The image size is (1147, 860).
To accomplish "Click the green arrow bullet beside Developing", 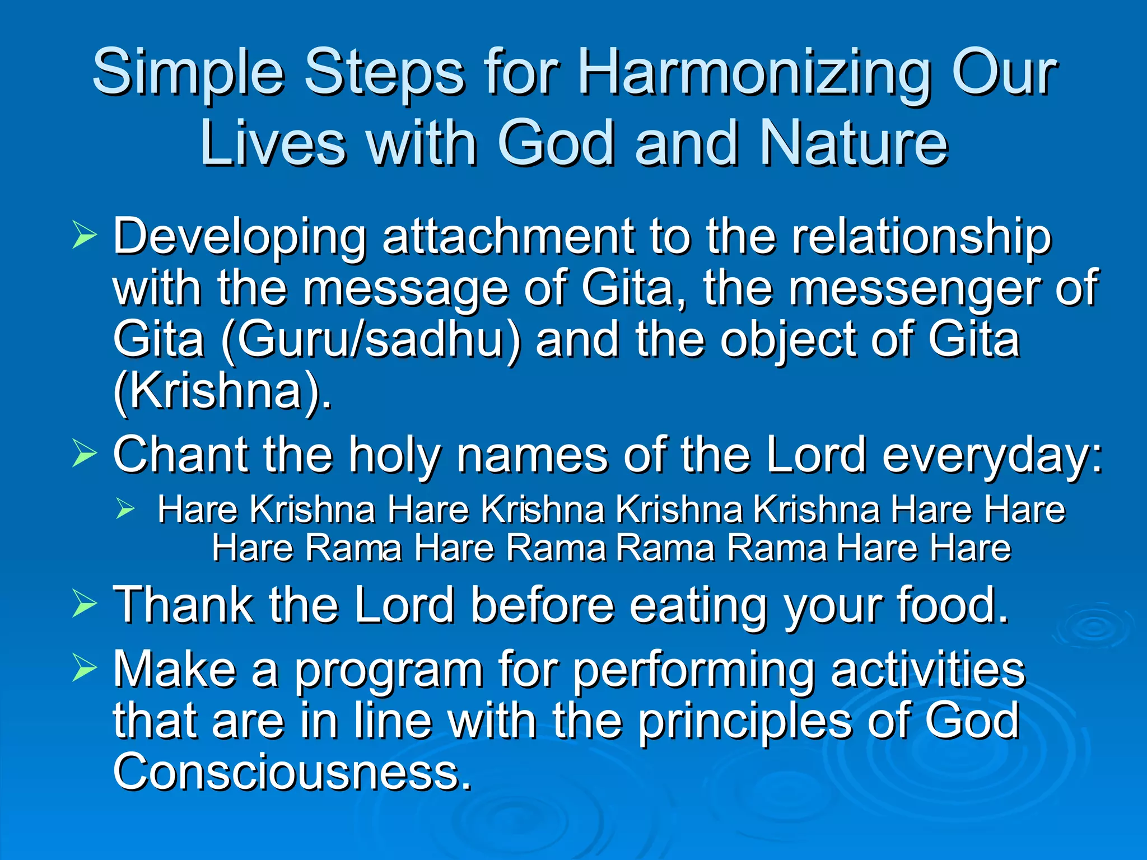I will pyautogui.click(x=84, y=235).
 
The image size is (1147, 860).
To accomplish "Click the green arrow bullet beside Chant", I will pyautogui.click(x=84, y=454).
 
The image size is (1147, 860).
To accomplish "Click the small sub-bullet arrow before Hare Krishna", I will pyautogui.click(x=125, y=508).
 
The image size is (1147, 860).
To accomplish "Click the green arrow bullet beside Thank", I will pyautogui.click(x=84, y=605).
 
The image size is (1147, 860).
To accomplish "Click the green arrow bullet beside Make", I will pyautogui.click(x=84, y=669).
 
